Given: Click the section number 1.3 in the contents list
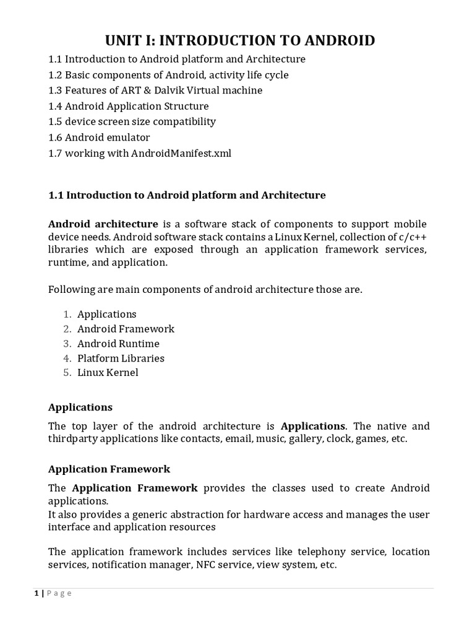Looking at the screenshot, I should click(56, 90).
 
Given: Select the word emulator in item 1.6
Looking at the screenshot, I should click(128, 137).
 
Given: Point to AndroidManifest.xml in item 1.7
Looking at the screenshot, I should click(181, 153).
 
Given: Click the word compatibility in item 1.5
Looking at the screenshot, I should click(182, 121).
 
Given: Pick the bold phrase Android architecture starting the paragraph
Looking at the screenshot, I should click(103, 224).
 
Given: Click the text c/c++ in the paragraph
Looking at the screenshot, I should click(411, 237).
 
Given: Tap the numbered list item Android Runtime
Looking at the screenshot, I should click(118, 344).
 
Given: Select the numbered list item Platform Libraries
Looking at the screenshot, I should click(121, 358).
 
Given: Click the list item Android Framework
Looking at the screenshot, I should click(126, 329).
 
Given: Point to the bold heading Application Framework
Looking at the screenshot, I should click(109, 469).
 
